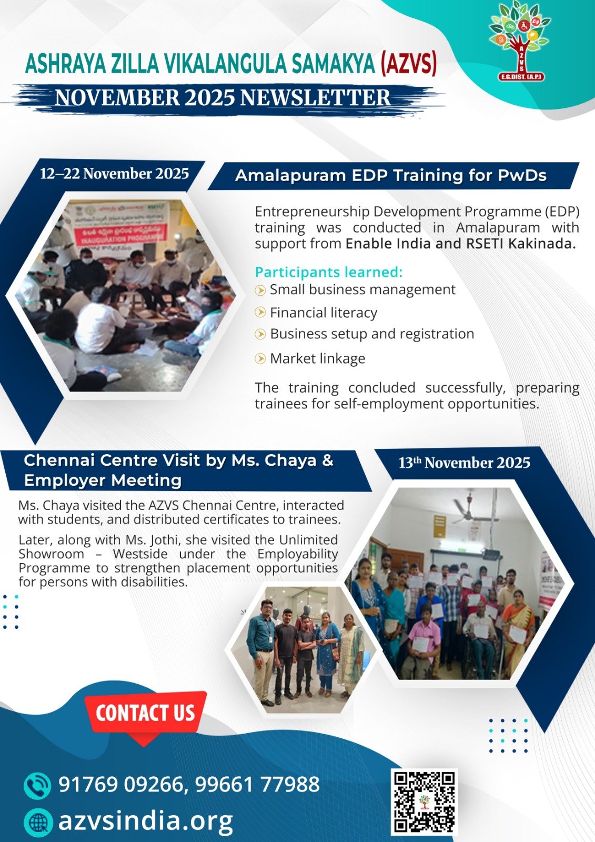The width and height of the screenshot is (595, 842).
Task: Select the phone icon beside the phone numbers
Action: [x=37, y=785]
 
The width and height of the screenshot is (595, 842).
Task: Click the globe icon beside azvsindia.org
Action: [x=37, y=821]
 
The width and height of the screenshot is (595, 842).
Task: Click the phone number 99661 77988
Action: [x=257, y=785]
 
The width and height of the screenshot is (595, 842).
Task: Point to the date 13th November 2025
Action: [x=464, y=463]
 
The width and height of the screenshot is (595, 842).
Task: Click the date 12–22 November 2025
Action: [x=114, y=174]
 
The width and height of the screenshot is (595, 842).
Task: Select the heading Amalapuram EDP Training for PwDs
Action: [x=391, y=176]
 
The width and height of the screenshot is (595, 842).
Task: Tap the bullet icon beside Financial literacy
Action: [x=260, y=313]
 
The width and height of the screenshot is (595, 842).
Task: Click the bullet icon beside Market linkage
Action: [x=260, y=358]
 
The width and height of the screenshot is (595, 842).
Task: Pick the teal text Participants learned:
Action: [x=329, y=272]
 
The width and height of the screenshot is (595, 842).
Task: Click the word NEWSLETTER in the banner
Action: [x=315, y=98]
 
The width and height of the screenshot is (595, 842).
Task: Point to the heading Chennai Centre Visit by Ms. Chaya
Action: [x=178, y=460]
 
